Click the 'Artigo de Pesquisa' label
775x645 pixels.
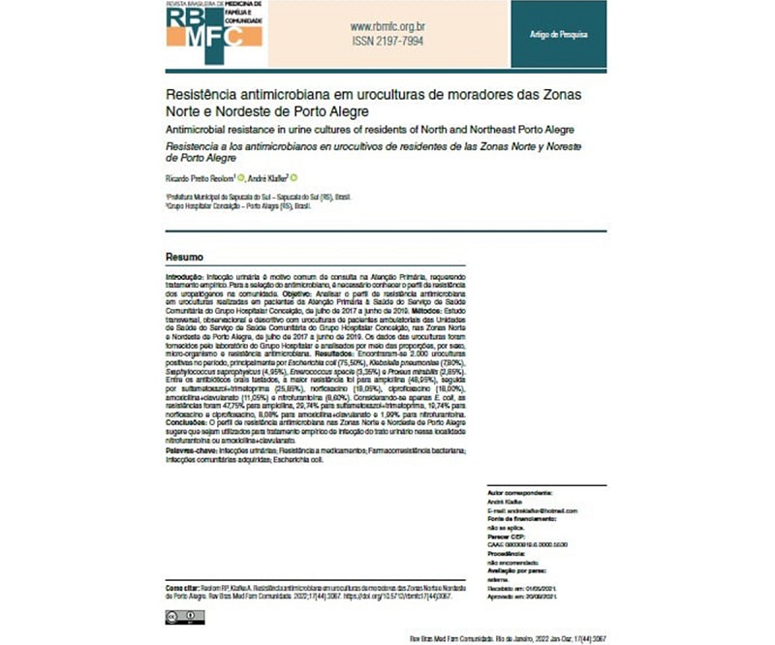point(559,35)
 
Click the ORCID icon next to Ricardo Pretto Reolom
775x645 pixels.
point(241,176)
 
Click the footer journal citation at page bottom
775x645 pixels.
point(495,635)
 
